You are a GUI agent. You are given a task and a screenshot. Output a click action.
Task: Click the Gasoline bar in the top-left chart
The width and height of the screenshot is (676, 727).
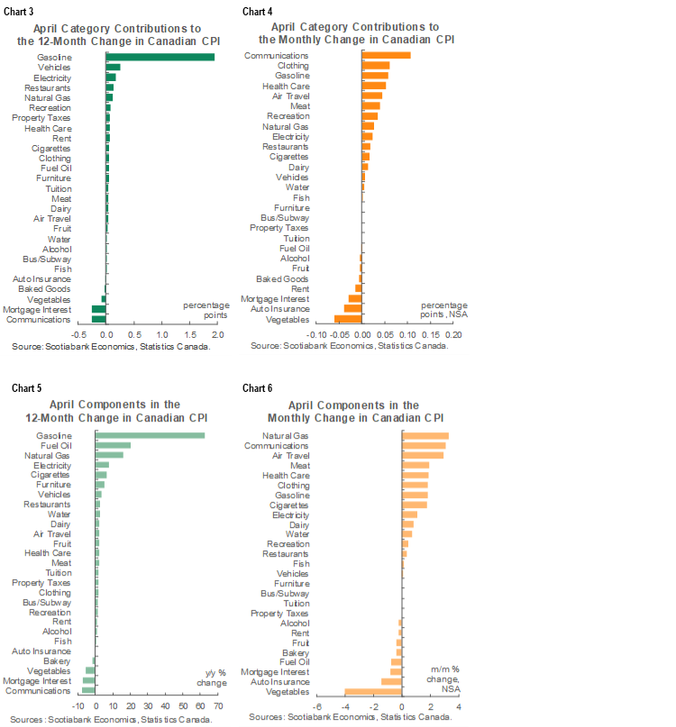[x=160, y=57]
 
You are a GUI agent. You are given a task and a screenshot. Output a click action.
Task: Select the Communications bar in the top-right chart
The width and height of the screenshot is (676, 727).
[x=386, y=55]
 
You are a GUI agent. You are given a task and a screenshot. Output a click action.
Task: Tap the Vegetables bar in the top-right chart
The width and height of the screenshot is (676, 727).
[x=348, y=319]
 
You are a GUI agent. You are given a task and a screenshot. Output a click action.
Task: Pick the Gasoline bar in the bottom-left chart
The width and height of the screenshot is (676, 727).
[x=150, y=436]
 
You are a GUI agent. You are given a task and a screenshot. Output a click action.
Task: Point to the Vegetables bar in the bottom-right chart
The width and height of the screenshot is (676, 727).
[x=373, y=692]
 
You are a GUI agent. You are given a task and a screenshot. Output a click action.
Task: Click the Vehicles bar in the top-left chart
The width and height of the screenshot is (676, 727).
[x=114, y=67]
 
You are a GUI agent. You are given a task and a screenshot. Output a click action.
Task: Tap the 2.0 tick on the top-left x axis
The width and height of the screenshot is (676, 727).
[x=217, y=333]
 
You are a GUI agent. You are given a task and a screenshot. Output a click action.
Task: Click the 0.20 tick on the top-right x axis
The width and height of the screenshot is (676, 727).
[x=454, y=333]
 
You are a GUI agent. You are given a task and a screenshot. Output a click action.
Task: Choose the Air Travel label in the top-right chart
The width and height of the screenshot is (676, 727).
[x=290, y=95]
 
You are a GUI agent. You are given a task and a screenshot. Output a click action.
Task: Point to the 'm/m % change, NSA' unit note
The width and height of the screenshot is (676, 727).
[x=443, y=677]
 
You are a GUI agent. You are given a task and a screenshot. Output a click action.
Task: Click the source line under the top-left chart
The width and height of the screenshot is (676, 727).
[x=113, y=345]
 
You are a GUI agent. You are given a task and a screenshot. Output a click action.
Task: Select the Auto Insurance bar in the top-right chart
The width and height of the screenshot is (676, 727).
[x=352, y=308]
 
